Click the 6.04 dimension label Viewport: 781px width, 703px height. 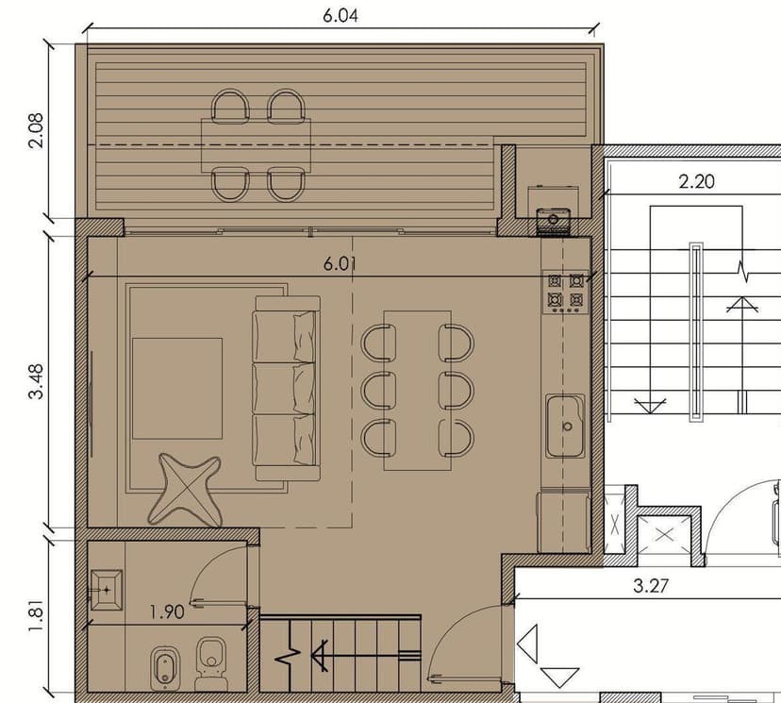click(x=341, y=15)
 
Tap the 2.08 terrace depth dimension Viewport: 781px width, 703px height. click(x=37, y=130)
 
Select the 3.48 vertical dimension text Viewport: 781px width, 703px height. click(x=37, y=381)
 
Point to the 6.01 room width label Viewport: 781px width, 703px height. click(x=341, y=263)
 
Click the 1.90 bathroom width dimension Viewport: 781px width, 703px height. click(x=167, y=611)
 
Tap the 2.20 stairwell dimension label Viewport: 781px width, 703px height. click(x=696, y=181)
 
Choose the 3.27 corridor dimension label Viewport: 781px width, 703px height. click(x=651, y=585)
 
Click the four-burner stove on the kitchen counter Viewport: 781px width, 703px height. click(x=565, y=292)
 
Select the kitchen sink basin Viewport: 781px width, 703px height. click(x=565, y=426)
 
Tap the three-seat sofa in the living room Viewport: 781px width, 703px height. click(x=287, y=389)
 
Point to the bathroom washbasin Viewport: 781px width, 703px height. click(x=106, y=590)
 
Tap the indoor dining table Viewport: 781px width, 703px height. click(x=418, y=391)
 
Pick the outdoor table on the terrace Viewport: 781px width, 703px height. click(x=256, y=145)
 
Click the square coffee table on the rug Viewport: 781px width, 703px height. click(x=177, y=389)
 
